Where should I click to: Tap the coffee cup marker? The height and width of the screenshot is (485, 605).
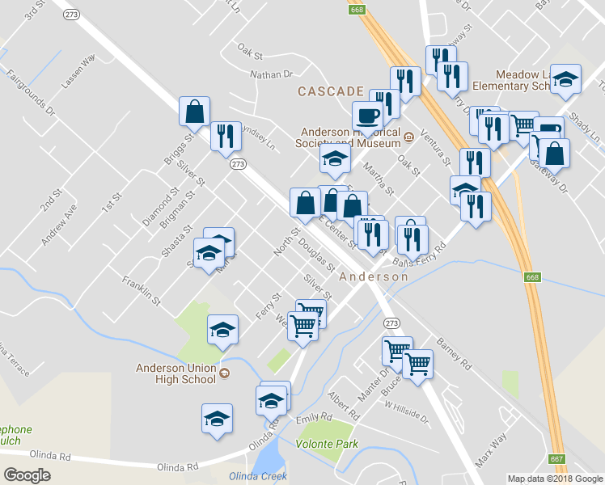coord(368,116)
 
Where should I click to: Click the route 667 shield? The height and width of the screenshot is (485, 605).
coord(556,459)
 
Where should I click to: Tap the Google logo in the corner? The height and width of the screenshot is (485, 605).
coord(27,474)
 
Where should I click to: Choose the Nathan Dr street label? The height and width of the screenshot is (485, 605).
coord(271,74)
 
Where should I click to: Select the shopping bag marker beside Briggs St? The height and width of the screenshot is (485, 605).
coord(195,112)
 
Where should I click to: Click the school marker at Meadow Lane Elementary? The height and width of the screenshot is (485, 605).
coord(567,80)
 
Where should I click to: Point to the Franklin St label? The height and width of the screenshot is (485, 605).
coord(142,290)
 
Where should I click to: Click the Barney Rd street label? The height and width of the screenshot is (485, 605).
coord(454,353)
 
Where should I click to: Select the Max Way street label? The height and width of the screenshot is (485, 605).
coord(490,453)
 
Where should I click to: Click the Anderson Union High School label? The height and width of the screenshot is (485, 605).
coord(176,373)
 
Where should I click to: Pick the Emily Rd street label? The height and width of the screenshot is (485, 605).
coord(315,417)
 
